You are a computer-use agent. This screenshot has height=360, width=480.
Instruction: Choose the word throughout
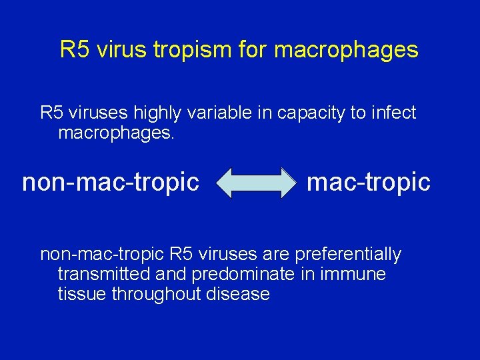(x=155, y=294)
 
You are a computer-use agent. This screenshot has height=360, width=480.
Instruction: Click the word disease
(x=237, y=294)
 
